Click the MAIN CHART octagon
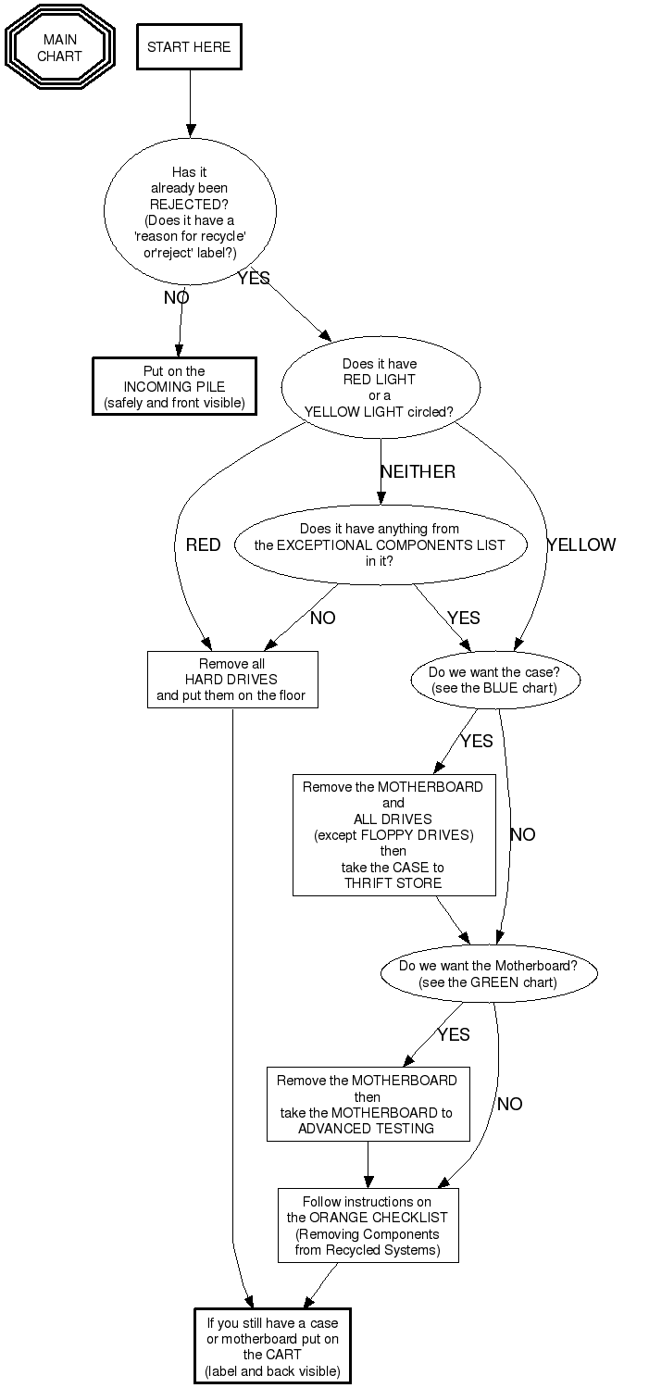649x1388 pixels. [x=59, y=47]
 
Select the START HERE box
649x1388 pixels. [x=189, y=47]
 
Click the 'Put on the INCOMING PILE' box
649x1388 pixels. [x=175, y=386]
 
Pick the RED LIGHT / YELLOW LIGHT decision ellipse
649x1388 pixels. [x=380, y=388]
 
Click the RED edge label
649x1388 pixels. [x=203, y=544]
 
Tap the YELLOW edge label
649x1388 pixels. [x=580, y=544]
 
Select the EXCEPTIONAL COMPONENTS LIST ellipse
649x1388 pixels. [x=380, y=544]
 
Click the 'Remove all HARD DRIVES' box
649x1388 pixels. [x=232, y=680]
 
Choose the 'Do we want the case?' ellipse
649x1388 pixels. [x=494, y=681]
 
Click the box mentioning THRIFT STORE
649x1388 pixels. [x=393, y=835]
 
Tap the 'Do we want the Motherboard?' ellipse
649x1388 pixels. [x=488, y=973]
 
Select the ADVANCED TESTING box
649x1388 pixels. [x=367, y=1104]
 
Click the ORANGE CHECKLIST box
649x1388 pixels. [x=368, y=1225]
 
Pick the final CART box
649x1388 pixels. [x=272, y=1346]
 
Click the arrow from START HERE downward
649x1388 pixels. [x=190, y=102]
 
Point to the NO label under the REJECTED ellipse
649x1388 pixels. [x=176, y=297]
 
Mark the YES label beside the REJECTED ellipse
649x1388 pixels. [x=253, y=278]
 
